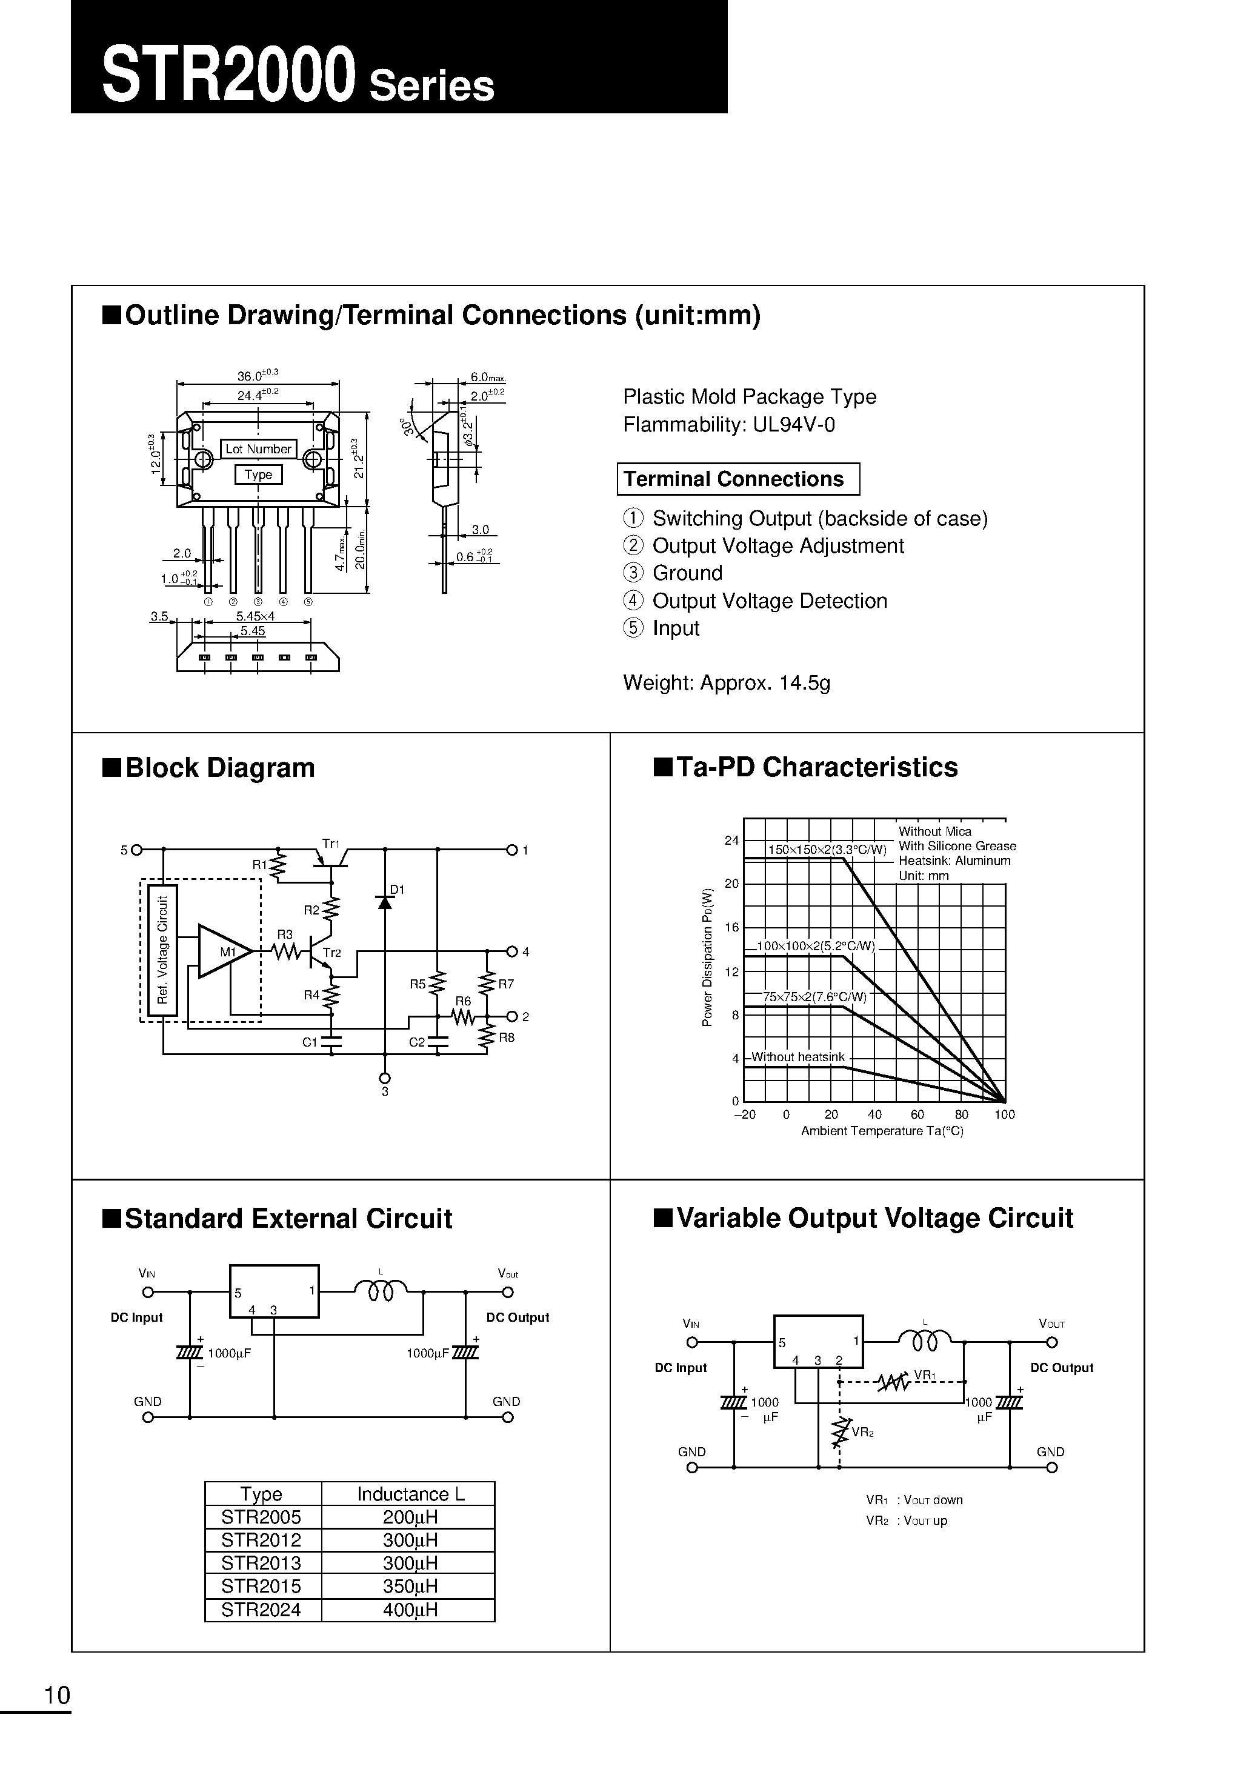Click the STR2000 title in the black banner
pyautogui.click(x=228, y=75)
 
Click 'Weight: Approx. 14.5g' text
pyautogui.click(x=727, y=683)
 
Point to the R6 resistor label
pyautogui.click(x=462, y=1002)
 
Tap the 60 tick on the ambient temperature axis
pyautogui.click(x=917, y=1114)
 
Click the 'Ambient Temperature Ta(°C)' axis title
pyautogui.click(x=882, y=1131)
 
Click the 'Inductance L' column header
pyautogui.click(x=409, y=1494)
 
